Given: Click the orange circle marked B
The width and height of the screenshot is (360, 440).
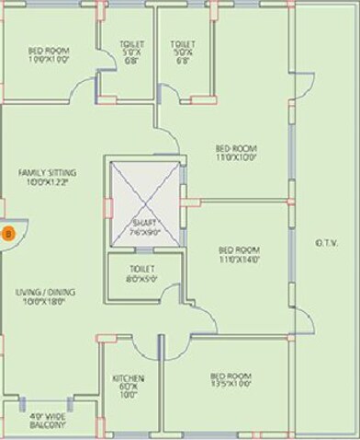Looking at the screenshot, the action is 6,233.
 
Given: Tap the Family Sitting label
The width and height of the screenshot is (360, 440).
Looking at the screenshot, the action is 49,172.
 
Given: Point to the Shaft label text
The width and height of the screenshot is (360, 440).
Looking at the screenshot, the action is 141,224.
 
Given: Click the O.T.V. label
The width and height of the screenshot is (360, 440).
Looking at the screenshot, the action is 327,243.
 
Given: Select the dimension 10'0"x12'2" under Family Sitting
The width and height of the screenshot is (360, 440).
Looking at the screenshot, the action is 49,182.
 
